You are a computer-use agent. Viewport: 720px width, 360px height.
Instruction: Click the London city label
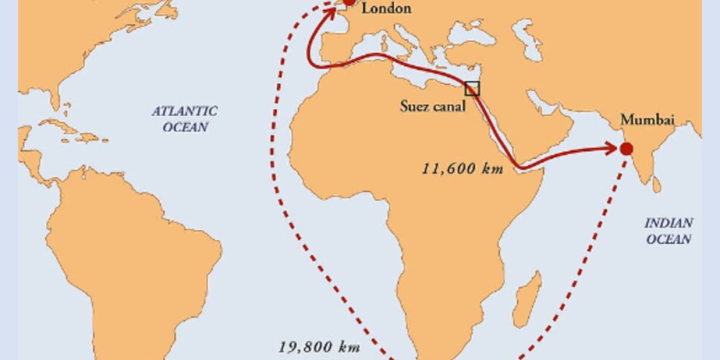[386, 9]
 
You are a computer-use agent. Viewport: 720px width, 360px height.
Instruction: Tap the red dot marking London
[349, 3]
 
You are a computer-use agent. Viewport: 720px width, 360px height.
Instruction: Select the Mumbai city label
[647, 121]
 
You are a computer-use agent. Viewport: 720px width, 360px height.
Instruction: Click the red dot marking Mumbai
[626, 149]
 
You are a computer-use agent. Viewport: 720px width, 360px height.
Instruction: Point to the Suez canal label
[433, 106]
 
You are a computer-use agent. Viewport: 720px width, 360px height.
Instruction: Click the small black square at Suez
[472, 89]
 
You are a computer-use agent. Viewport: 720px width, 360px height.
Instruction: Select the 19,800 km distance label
[319, 347]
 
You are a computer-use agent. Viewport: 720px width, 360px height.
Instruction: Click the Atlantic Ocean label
[185, 119]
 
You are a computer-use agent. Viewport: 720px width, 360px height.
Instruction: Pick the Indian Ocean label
[668, 231]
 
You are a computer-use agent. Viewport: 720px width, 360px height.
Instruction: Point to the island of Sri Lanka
[657, 184]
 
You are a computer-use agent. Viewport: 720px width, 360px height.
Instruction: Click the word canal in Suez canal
[449, 106]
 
